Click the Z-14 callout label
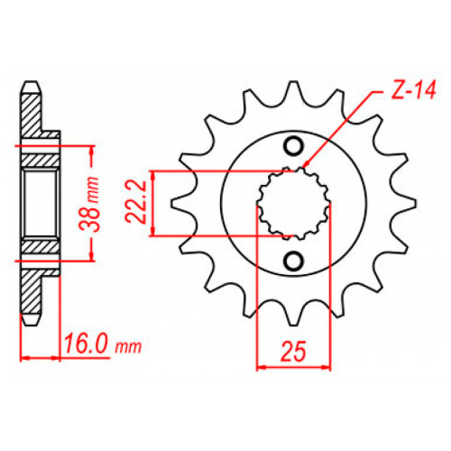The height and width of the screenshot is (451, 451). pos(413,90)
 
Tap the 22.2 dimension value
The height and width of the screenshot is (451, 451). pos(136,202)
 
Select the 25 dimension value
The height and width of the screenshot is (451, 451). pos(293,351)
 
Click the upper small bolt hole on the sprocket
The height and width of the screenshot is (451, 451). pos(293,146)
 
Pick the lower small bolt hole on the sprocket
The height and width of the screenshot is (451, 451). pos(293,261)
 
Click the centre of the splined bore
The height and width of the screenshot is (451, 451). pos(293,204)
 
